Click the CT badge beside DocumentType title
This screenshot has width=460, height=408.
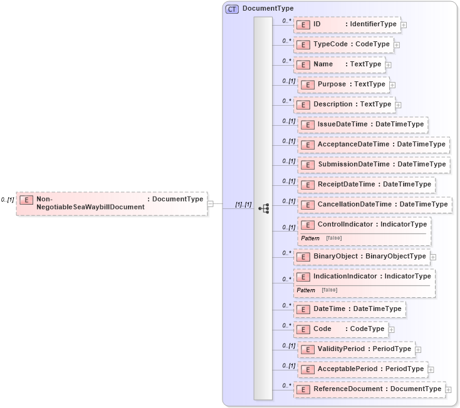[232, 9]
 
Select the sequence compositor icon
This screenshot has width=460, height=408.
[263, 208]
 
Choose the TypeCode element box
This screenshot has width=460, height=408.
[343, 44]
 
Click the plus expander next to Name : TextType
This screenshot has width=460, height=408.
[389, 64]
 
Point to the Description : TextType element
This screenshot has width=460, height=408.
[345, 105]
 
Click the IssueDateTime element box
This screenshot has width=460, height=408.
[362, 125]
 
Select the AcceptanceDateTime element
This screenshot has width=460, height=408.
[373, 145]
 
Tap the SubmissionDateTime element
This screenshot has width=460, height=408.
[373, 165]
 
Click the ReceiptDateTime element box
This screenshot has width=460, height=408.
[366, 185]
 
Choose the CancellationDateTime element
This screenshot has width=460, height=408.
[374, 205]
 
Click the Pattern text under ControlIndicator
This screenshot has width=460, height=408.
[310, 238]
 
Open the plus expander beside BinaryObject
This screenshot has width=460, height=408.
[433, 257]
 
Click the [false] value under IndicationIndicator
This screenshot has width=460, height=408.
[329, 290]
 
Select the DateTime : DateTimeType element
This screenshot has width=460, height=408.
[350, 309]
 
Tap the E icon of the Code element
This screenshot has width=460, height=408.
[303, 329]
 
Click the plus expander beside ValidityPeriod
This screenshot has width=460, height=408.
[418, 349]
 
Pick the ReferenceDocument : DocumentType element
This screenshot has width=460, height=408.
[370, 389]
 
